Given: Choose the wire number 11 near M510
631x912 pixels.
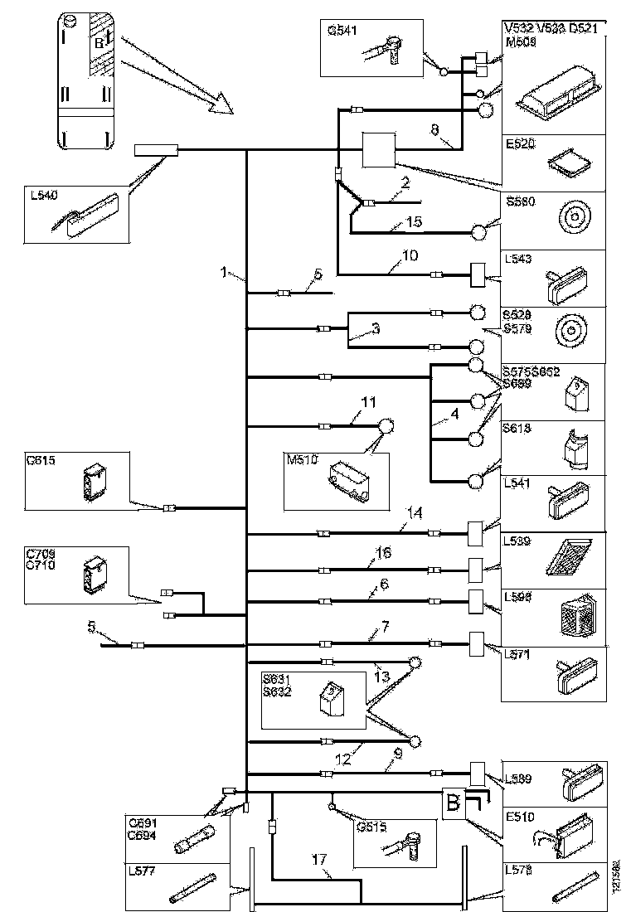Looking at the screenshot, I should (x=368, y=403).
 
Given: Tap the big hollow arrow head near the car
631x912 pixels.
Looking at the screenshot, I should (x=221, y=103).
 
